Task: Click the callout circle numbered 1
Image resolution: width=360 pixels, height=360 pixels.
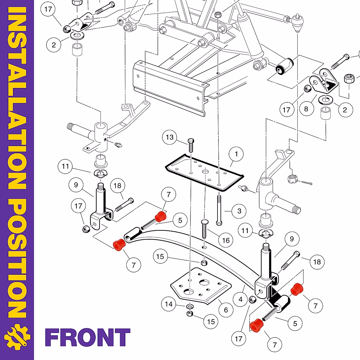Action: pos(236,154)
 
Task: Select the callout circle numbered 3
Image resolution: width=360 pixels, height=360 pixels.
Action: pos(239,211)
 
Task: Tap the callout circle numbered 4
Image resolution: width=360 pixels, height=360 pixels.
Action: pos(241,299)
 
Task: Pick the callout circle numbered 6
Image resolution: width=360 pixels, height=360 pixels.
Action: pos(226,310)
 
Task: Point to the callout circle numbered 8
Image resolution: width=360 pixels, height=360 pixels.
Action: pos(306,109)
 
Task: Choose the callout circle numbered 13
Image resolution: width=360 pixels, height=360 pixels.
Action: pos(170,137)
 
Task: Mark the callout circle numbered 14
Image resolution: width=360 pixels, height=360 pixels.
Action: pos(169,304)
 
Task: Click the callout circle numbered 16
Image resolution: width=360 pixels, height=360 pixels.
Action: pos(226,240)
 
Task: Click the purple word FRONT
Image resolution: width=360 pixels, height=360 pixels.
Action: pos(88,337)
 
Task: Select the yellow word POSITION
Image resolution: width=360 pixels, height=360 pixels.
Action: pos(17,258)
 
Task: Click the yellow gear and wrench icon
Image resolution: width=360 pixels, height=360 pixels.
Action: pos(17,337)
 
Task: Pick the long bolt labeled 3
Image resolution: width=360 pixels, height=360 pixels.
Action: pos(219,210)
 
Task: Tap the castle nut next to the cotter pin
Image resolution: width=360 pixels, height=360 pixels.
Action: pos(292,179)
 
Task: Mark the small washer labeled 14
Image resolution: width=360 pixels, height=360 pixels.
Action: pos(189,306)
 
